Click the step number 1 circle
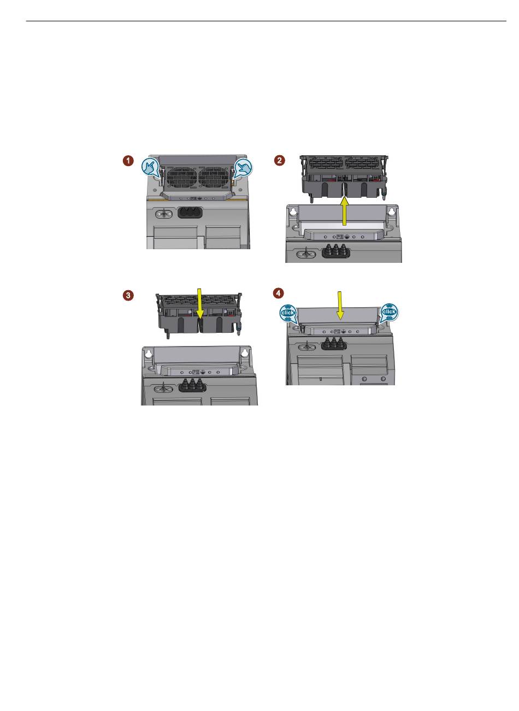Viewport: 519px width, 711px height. [x=128, y=161]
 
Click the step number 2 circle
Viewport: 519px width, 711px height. [x=279, y=160]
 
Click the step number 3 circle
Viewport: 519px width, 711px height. [x=128, y=295]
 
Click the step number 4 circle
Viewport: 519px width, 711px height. [x=278, y=293]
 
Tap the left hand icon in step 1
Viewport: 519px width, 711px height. [x=150, y=167]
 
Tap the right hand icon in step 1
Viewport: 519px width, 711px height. [x=243, y=167]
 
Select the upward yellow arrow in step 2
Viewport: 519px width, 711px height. [x=345, y=211]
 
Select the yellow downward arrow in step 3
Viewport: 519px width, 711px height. [x=199, y=304]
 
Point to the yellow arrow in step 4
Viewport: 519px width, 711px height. [x=340, y=305]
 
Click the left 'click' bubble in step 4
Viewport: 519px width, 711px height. [x=287, y=313]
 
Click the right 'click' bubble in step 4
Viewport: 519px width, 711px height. [x=389, y=312]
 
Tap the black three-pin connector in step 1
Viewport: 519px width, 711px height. [x=190, y=213]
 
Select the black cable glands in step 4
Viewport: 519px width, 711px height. [x=334, y=344]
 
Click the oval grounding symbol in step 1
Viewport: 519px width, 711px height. [x=164, y=214]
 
